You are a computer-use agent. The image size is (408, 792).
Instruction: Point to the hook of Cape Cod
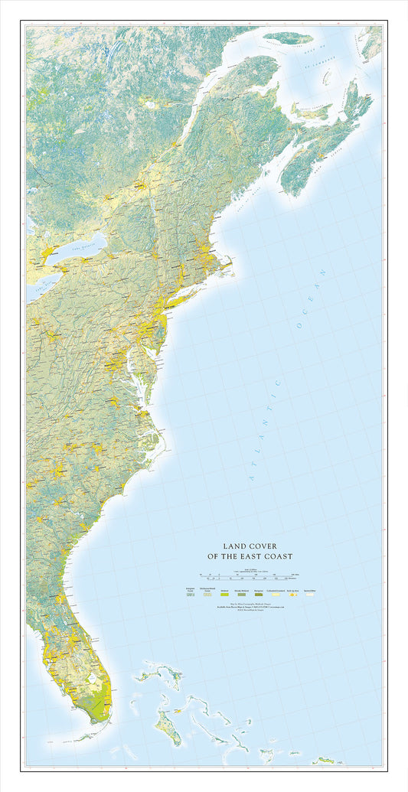click(x=230, y=263)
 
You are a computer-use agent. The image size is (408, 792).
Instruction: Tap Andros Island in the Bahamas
click(x=168, y=726)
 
